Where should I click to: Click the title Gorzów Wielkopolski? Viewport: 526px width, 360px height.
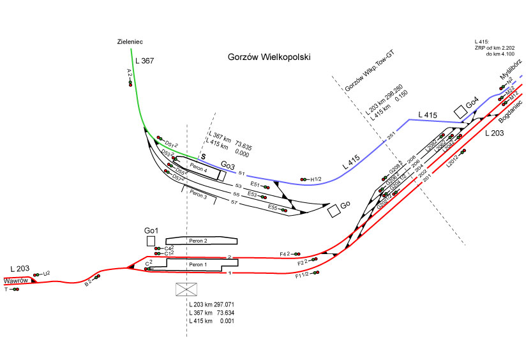[x=269, y=57]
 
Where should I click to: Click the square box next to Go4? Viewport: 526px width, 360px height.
[x=460, y=111]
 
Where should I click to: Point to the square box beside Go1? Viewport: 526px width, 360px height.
[x=151, y=241]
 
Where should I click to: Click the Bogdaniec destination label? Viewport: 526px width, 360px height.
[x=510, y=112]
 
